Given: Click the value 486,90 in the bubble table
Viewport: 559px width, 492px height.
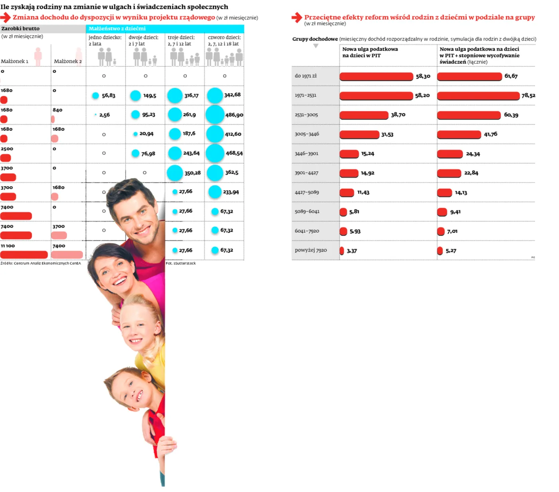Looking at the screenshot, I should tap(234, 115).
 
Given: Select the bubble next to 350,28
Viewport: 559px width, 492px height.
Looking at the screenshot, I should tap(174, 173).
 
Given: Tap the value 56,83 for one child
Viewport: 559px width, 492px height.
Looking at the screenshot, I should tap(109, 96).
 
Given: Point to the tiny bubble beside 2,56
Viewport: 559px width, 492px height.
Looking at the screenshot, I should tap(95, 115).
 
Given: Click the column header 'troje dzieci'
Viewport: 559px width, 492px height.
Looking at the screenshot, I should tap(181, 38).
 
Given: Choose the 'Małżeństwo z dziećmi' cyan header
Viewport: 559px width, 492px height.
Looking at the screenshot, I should tap(117, 29).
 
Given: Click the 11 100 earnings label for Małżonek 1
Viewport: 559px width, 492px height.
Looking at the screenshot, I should tap(8, 246).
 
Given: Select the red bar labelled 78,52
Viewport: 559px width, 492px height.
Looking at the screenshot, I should tap(478, 96).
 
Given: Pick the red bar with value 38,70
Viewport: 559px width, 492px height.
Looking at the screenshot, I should tap(364, 115).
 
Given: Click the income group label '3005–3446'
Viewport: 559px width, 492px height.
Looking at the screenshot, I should tap(307, 134).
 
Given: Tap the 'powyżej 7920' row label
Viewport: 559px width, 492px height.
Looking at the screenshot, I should tap(311, 250).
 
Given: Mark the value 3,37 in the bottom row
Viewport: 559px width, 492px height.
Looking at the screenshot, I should tap(352, 251).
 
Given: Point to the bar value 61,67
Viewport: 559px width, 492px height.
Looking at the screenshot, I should tap(511, 76).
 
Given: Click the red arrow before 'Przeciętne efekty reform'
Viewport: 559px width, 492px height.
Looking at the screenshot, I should tap(297, 18).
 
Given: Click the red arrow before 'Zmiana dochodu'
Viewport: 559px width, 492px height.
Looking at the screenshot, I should tap(6, 18).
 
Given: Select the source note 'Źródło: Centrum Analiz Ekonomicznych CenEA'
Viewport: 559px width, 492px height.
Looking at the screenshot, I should tap(41, 264).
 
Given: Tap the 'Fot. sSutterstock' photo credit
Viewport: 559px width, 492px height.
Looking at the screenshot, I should tap(181, 264).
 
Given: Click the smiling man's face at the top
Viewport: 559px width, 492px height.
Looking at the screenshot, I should tap(134, 216).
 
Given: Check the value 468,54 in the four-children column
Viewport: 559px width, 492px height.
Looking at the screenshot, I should tap(234, 153).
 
